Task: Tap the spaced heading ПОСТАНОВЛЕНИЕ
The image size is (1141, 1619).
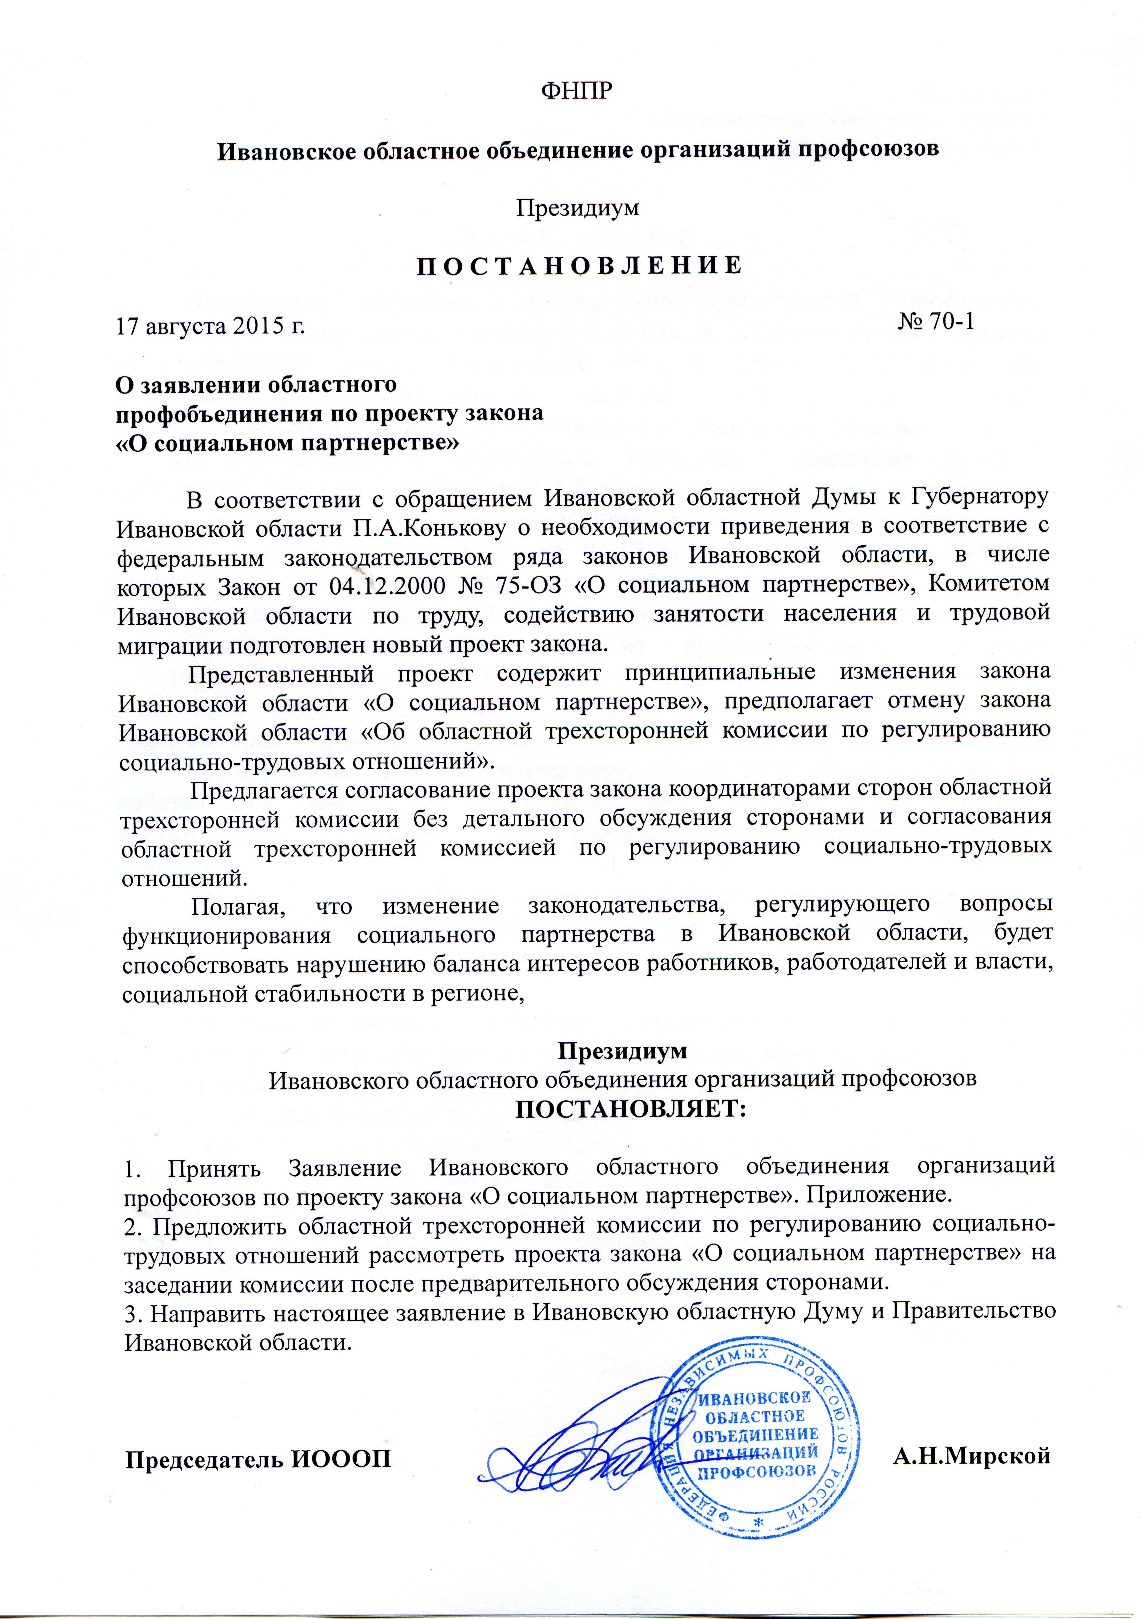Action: click(x=579, y=266)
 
